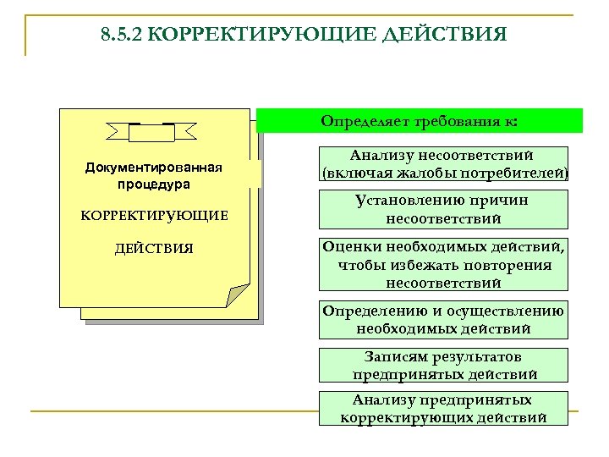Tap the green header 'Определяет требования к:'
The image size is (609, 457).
(x=420, y=120)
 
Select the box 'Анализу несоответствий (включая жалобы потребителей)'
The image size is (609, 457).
(x=444, y=164)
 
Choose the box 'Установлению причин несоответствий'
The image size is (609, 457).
(x=444, y=209)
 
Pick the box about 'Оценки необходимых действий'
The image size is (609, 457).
(x=444, y=264)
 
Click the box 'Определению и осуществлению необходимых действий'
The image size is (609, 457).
(x=444, y=319)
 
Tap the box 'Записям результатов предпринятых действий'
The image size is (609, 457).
(x=444, y=365)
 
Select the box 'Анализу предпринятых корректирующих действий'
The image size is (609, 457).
(x=444, y=408)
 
